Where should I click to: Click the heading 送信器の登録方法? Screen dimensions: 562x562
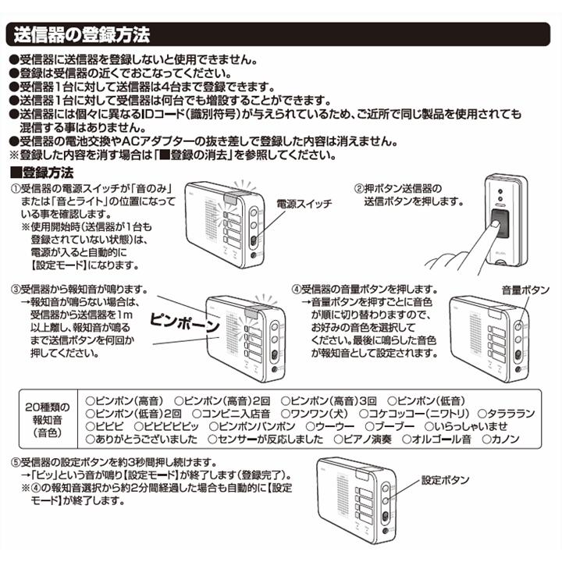click(x=78, y=35)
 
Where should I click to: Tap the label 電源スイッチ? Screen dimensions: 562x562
click(x=304, y=204)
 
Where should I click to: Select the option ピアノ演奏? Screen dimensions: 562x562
click(x=367, y=440)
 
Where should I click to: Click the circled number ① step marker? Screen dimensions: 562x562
click(x=14, y=190)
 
